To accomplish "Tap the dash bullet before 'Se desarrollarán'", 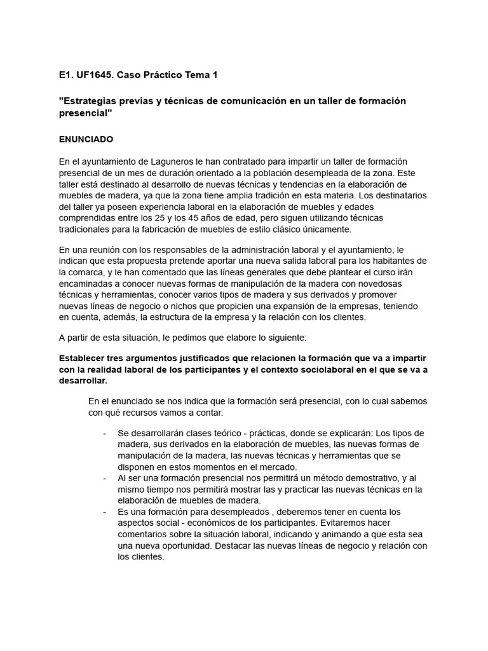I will coord(104,433).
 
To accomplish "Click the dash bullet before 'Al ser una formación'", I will coord(104,479).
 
